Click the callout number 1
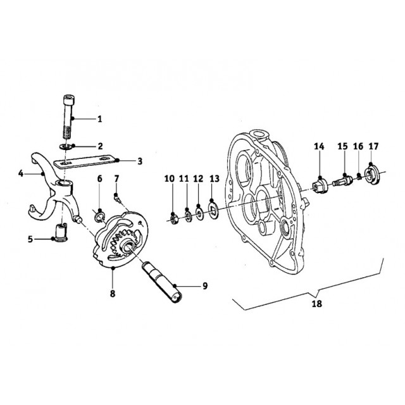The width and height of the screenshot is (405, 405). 99,118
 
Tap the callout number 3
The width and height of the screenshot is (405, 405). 140,161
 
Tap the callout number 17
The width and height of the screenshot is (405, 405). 373,147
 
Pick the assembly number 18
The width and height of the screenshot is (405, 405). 316,304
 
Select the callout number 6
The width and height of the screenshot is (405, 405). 99,179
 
